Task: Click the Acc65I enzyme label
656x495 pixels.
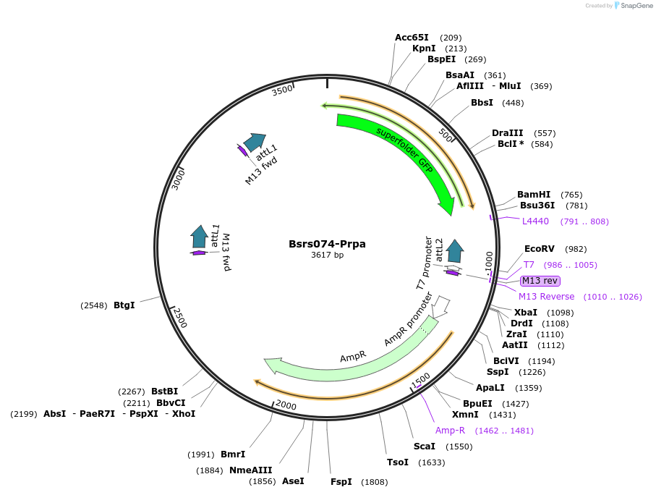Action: tap(412, 37)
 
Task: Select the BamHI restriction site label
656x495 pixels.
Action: tap(534, 195)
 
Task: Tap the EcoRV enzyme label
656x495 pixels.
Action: tap(539, 248)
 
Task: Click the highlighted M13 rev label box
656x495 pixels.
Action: tap(540, 281)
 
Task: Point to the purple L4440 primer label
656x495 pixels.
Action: tap(535, 221)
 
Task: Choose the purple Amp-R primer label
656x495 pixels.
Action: tap(450, 430)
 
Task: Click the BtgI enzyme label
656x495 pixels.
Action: tap(124, 305)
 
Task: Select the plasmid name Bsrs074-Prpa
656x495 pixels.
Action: tap(327, 244)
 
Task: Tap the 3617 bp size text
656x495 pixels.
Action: tap(327, 255)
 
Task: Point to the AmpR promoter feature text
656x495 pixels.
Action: tap(409, 319)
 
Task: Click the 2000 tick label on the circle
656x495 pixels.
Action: tap(286, 405)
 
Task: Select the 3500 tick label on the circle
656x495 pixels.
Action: tap(282, 90)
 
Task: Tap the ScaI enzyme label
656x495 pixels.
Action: tap(424, 446)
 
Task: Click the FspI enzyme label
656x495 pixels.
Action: tap(341, 481)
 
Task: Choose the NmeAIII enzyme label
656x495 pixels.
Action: tap(250, 470)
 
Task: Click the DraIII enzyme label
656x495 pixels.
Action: tap(508, 133)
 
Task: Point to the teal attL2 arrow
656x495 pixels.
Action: tap(455, 251)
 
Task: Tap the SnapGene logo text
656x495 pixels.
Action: tap(634, 6)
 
